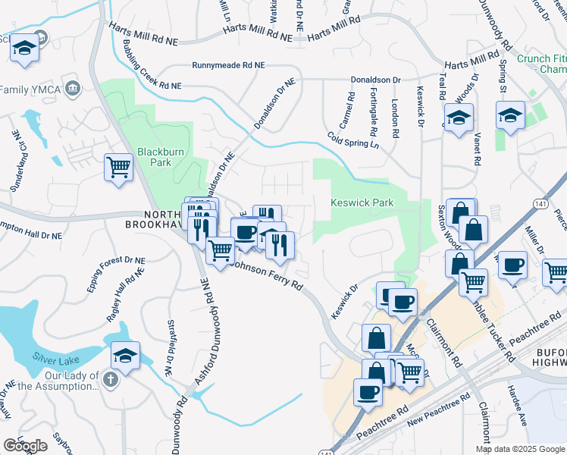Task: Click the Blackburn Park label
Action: [x=161, y=157]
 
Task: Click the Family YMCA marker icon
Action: [x=73, y=89]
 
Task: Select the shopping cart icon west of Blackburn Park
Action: [x=117, y=166]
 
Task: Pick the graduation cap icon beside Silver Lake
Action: [x=126, y=355]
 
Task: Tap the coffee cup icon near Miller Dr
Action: [x=513, y=265]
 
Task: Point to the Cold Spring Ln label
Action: [x=352, y=140]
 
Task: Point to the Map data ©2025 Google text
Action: [x=520, y=449]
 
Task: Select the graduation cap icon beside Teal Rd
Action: [x=459, y=118]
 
